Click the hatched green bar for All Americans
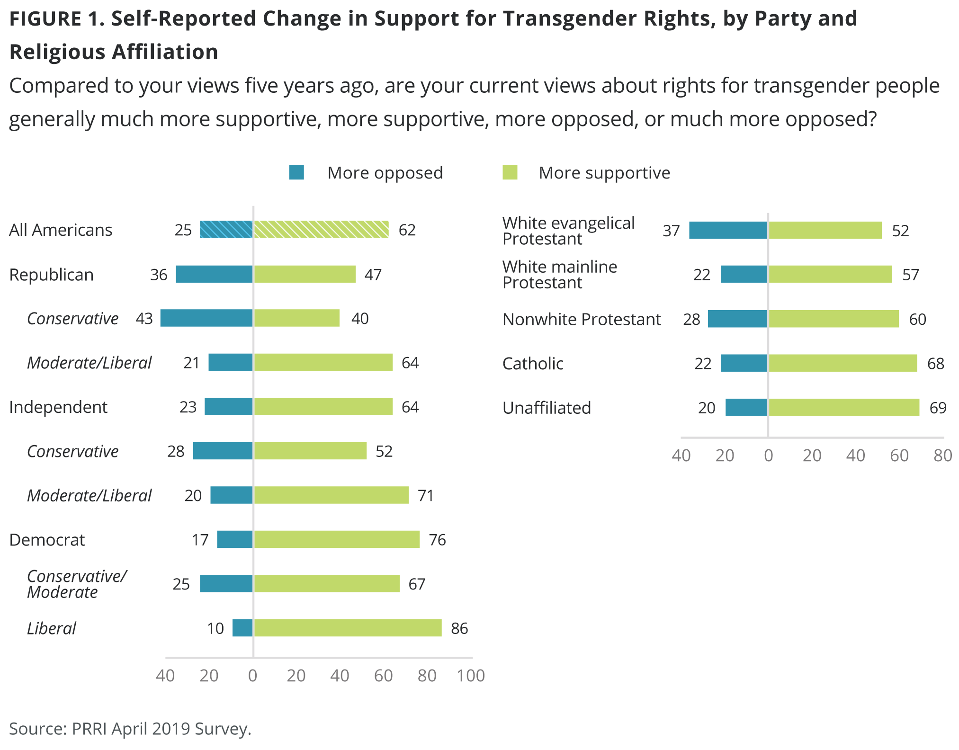pyautogui.click(x=321, y=230)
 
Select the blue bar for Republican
pyautogui.click(x=214, y=274)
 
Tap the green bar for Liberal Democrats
pyautogui.click(x=348, y=628)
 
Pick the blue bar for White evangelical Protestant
pyautogui.click(x=728, y=231)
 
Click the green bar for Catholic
pyautogui.click(x=842, y=363)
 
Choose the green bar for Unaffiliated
pyautogui.click(x=843, y=407)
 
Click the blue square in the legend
pyautogui.click(x=296, y=172)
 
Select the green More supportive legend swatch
pyautogui.click(x=510, y=172)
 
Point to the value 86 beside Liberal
pyautogui.click(x=459, y=628)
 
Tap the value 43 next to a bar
pyautogui.click(x=144, y=319)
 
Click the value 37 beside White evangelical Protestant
pyautogui.click(x=671, y=231)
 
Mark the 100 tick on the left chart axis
pyautogui.click(x=470, y=676)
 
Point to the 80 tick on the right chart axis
pyautogui.click(x=942, y=455)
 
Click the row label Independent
pyautogui.click(x=58, y=407)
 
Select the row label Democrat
pyautogui.click(x=47, y=540)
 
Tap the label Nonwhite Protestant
pyautogui.click(x=581, y=320)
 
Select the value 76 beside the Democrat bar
pyautogui.click(x=437, y=540)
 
